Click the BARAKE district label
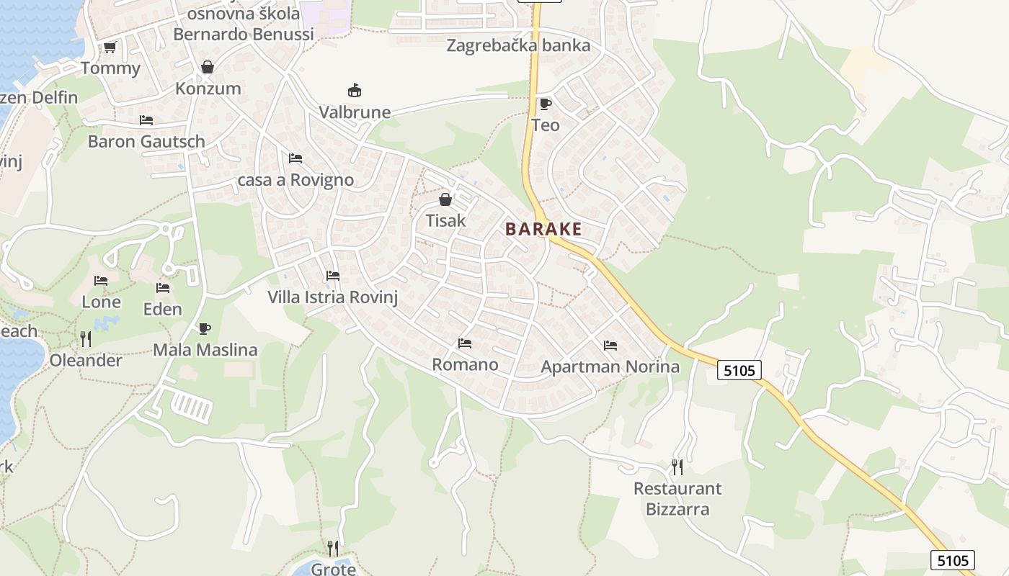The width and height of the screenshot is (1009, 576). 543,230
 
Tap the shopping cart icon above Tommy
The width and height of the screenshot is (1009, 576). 110,48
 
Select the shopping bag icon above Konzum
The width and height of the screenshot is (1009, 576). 208,67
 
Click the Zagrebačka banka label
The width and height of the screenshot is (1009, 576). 518,45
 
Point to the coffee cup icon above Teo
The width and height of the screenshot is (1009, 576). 545,104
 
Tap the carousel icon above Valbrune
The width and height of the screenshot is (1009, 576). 355,91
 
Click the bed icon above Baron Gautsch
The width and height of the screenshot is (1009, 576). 146,120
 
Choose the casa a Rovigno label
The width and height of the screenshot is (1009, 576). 295,180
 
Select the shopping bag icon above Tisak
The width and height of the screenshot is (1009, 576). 445,199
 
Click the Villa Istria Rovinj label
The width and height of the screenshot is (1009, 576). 332,297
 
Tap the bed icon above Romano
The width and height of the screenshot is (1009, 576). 465,343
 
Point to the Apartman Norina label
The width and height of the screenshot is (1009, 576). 610,366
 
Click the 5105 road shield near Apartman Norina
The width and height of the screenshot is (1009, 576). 739,370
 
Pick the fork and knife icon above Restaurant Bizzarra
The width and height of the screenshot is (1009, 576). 677,467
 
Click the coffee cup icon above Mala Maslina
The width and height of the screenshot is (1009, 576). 205,329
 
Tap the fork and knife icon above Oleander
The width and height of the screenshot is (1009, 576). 85,338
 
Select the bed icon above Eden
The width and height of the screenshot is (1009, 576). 163,288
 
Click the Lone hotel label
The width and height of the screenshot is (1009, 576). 101,302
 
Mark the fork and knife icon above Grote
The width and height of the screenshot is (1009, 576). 332,549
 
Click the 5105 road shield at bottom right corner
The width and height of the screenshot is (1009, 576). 952,560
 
